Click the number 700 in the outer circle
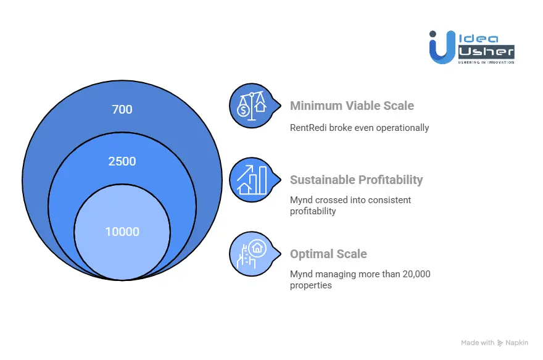click(x=122, y=110)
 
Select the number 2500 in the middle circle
click(x=122, y=162)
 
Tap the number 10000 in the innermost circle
click(x=122, y=232)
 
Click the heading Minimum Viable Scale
click(x=352, y=106)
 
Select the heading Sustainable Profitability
click(x=356, y=180)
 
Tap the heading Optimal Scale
click(x=328, y=254)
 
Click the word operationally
click(x=404, y=128)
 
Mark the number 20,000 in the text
click(x=412, y=274)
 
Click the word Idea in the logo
click(x=476, y=36)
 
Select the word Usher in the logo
click(x=485, y=51)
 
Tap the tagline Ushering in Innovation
click(x=485, y=62)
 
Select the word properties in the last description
click(x=311, y=285)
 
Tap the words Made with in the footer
click(x=478, y=343)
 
